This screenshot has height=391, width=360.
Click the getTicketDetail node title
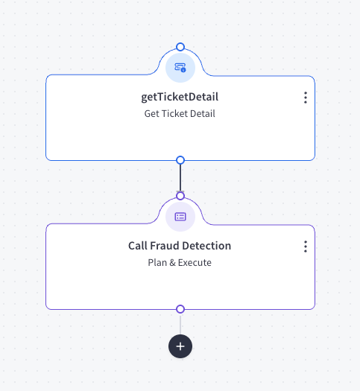tap(180, 97)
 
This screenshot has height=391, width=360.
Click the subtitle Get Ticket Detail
tap(180, 114)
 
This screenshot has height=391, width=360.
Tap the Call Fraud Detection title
tap(180, 246)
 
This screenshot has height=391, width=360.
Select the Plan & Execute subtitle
tap(180, 263)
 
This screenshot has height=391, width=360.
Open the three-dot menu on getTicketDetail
tap(306, 98)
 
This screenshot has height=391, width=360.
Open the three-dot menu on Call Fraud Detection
tap(306, 247)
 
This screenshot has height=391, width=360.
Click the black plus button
tap(180, 346)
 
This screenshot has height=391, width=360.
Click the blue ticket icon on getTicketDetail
tap(180, 67)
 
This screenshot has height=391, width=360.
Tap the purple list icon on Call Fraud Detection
tap(180, 217)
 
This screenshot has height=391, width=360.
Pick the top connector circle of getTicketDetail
tap(180, 47)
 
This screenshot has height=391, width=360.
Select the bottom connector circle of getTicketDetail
tap(180, 160)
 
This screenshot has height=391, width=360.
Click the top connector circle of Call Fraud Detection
tap(180, 196)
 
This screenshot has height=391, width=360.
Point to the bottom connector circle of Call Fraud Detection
tap(180, 309)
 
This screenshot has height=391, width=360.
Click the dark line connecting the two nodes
tap(180, 178)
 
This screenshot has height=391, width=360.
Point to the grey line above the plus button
tap(180, 324)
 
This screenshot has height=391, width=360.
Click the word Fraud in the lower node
tap(165, 246)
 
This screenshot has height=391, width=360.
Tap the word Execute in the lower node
tap(195, 263)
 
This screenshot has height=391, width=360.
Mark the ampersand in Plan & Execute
tap(172, 263)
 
